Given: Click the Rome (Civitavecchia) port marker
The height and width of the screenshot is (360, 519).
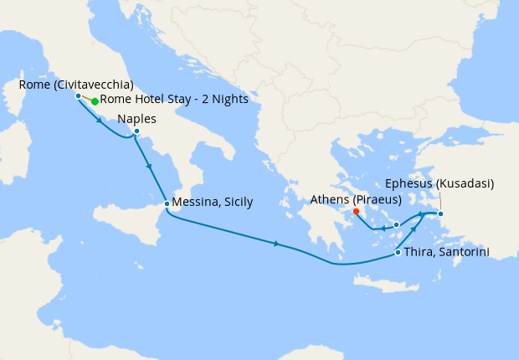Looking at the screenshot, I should coord(78,95).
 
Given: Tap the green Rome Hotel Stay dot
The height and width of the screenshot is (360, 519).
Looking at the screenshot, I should coord(95,101).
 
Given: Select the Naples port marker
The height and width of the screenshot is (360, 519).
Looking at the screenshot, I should coord(136,131).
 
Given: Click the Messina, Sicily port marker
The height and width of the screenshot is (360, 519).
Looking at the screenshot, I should coord(167,203).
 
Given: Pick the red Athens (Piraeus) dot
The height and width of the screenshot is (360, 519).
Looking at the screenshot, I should coord(357,211).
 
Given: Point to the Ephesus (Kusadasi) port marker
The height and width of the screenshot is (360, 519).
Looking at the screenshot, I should coord(441,213).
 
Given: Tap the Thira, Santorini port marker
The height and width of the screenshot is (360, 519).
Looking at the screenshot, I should coord(397,252).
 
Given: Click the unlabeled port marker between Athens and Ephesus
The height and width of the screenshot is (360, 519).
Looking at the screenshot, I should coord(396,224).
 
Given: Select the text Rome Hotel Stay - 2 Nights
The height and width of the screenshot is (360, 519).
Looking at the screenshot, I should coord(174,100).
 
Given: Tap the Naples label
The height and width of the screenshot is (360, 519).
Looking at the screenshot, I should coord(136,119).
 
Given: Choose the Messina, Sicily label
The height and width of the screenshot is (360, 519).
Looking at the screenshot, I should coord(212,203).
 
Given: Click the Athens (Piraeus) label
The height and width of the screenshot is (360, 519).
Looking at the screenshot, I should coord(356,199).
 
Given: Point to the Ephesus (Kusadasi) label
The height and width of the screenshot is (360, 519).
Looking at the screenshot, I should coord(440,183).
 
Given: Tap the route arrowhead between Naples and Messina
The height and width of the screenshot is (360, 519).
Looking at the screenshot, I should coord(150,166).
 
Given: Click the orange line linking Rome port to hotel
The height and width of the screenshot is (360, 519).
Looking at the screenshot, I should coord(86,98).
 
